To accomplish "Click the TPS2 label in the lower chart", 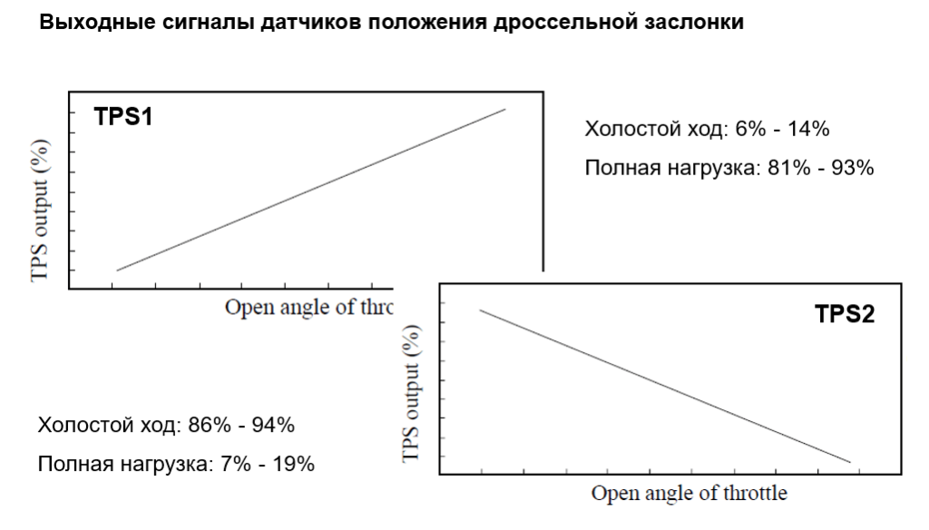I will (x=845, y=314).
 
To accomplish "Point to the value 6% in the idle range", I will (x=750, y=129).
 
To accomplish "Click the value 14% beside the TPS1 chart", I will (x=809, y=129).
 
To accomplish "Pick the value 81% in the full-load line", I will (x=777, y=168).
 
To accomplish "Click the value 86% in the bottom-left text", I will (x=208, y=425).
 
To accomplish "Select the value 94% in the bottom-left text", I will (x=273, y=425).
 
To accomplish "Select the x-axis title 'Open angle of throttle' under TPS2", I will (x=689, y=494).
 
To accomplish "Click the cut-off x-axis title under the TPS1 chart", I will (x=308, y=307).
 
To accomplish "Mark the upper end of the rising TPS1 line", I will (x=504, y=110).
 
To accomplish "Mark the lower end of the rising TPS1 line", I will (x=118, y=270).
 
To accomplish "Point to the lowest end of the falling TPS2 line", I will (x=850, y=462).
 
